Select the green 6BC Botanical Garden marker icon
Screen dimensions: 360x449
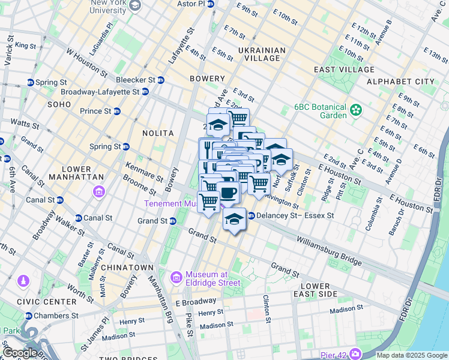(357, 110)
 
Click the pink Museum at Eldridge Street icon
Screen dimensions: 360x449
(176, 277)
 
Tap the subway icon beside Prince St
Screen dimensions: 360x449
(117, 111)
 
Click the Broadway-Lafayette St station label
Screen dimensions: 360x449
(100, 92)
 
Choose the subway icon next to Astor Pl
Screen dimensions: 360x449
(211, 4)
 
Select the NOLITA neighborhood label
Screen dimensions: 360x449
(158, 133)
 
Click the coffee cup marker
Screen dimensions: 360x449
(228, 193)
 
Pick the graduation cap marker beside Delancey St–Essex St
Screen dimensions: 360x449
(234, 219)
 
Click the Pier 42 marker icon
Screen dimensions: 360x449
(355, 354)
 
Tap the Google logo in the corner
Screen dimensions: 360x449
(19, 353)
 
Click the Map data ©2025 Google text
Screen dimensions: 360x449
(411, 355)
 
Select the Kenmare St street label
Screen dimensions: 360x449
(144, 172)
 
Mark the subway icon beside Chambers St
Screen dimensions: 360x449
(29, 316)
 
